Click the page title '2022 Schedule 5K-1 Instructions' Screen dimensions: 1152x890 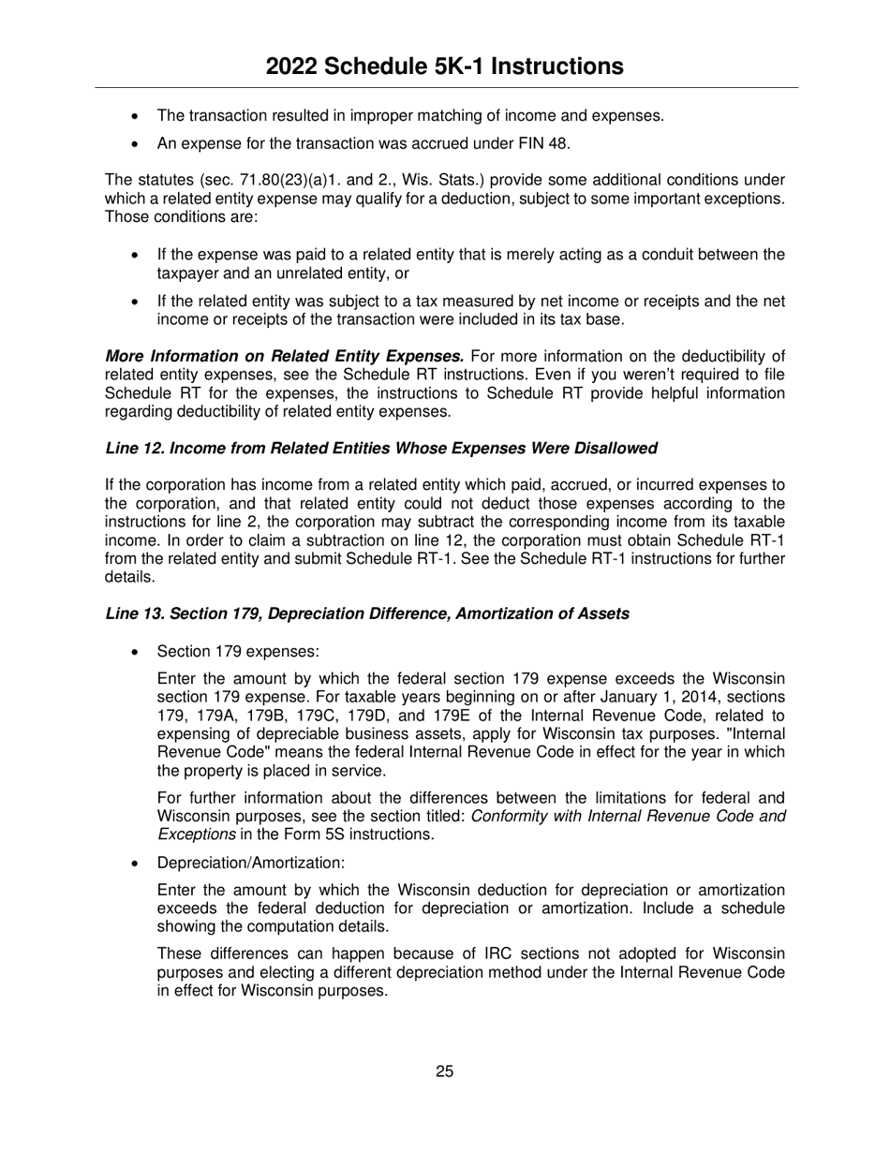click(444, 66)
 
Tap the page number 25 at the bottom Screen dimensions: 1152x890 click(444, 1071)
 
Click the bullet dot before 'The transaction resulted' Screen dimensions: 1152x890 click(137, 117)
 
